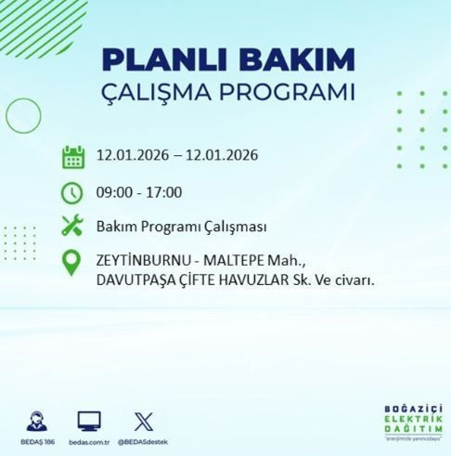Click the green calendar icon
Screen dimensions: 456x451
pos(72,155)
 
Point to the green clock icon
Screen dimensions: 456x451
pos(72,193)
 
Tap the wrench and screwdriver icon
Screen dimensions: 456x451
pos(72,226)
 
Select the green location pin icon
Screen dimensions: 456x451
pos(72,264)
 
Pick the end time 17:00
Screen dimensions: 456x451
pos(164,193)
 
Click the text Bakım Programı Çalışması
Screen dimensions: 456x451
pos(169,226)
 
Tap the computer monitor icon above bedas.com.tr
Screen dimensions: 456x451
pos(90,421)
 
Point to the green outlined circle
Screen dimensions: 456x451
pos(23,116)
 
